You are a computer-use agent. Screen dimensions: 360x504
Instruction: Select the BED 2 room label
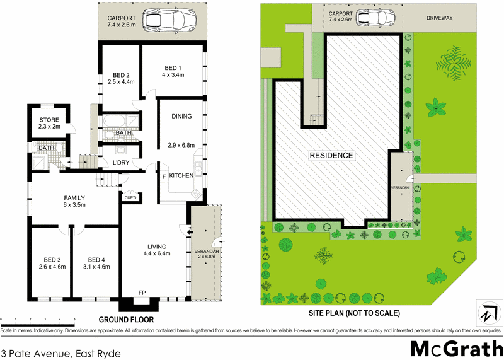pos(121,73)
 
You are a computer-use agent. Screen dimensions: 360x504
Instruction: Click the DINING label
pos(181,116)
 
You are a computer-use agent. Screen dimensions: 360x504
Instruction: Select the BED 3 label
pos(52,259)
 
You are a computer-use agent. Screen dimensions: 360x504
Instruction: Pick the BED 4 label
pos(96,259)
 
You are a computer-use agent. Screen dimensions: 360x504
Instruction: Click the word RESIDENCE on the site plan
pos(331,155)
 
